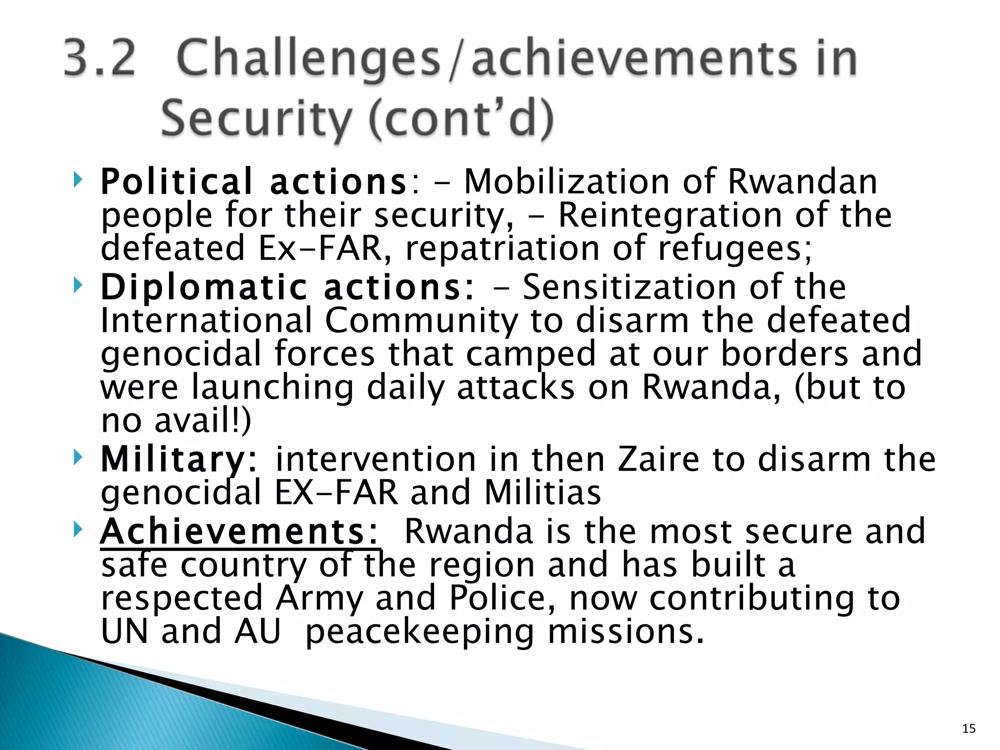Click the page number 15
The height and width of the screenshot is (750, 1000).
pos(969,729)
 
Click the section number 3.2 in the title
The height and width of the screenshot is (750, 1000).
pos(100,59)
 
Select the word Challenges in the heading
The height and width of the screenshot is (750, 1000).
pos(309,60)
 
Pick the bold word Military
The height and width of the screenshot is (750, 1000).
pos(173,460)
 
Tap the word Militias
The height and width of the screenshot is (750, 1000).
pos(542,493)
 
